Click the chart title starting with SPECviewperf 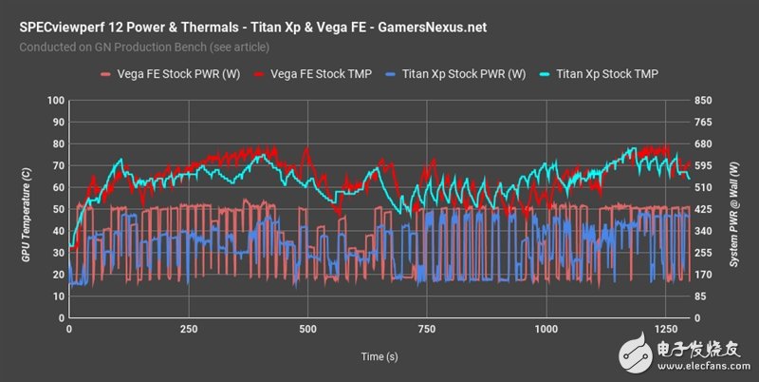click(252, 27)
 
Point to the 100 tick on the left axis click(54, 101)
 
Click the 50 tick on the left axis click(57, 209)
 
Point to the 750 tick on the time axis click(427, 329)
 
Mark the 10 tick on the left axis click(57, 296)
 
